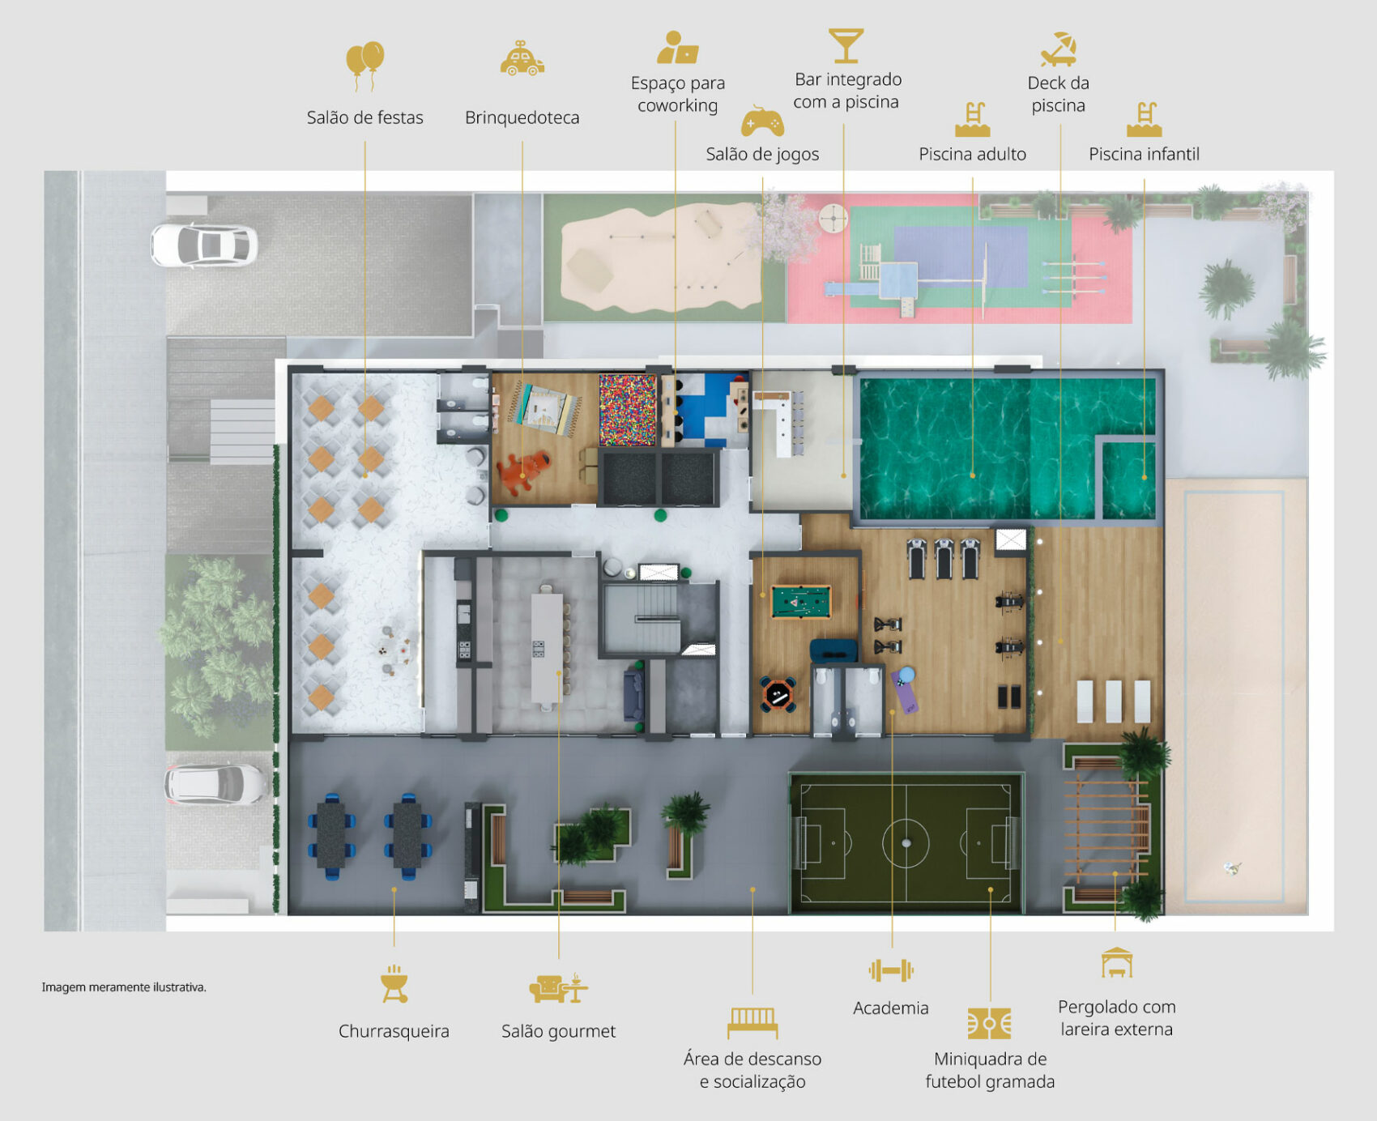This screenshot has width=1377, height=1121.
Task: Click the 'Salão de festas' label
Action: tap(364, 117)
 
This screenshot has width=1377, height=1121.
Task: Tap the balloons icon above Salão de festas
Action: tap(365, 65)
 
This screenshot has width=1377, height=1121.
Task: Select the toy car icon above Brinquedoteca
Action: tap(522, 58)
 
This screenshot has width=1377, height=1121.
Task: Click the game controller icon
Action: tap(762, 121)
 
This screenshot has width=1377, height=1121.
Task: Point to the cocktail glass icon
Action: tap(846, 45)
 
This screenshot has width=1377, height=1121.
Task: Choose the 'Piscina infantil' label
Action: tap(1144, 154)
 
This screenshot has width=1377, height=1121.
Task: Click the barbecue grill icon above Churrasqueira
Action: tap(394, 983)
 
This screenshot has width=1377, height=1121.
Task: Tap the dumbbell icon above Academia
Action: tap(891, 970)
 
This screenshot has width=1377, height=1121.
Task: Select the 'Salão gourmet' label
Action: tap(558, 1031)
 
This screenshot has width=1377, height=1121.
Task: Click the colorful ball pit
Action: tap(627, 409)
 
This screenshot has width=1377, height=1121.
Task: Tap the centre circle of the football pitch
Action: tap(906, 842)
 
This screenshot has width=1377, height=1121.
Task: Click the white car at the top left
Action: tap(204, 245)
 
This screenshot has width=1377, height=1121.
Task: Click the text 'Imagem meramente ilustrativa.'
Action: tap(124, 987)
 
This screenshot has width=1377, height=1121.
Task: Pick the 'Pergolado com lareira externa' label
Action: tap(1116, 1018)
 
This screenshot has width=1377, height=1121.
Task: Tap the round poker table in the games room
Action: tap(778, 694)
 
